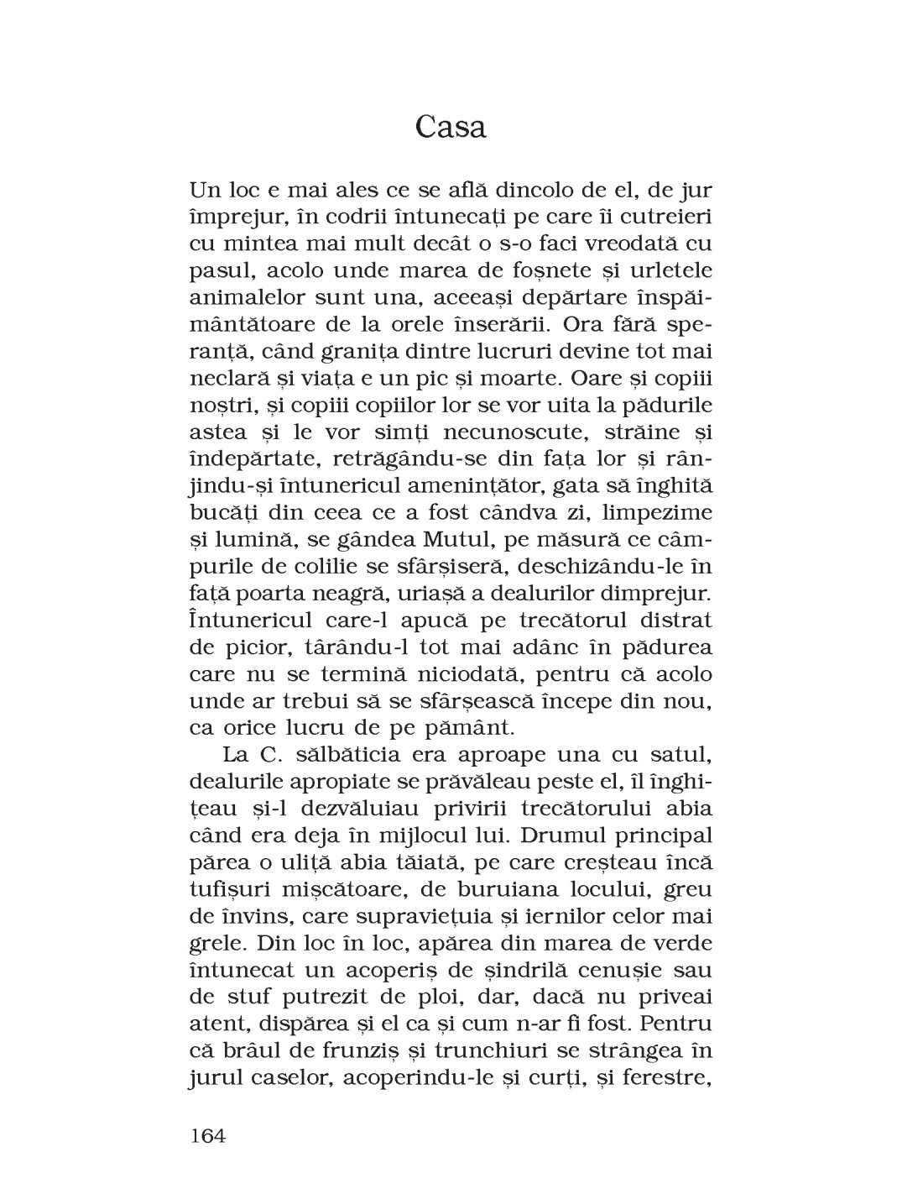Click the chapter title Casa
pyautogui.click(x=451, y=128)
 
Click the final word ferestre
pyautogui.click(x=670, y=1080)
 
